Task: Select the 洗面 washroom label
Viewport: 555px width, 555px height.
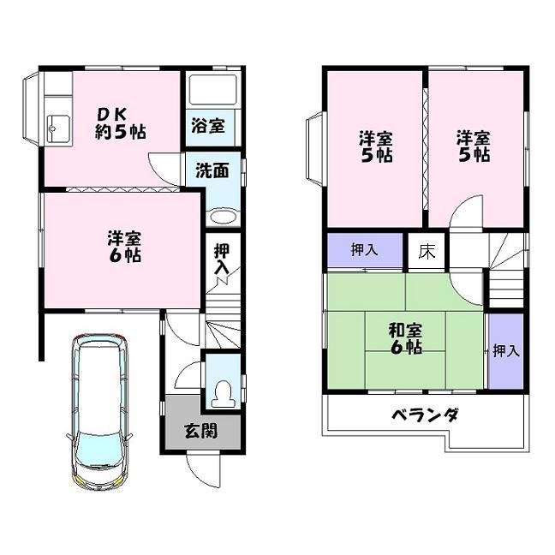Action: (212, 170)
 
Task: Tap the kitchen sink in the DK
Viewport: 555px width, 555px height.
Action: (57, 129)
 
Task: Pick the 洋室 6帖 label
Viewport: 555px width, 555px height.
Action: (124, 246)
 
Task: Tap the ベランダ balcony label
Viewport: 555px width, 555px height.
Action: (426, 416)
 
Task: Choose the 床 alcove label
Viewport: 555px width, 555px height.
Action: (426, 251)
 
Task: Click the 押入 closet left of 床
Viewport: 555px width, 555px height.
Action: (364, 250)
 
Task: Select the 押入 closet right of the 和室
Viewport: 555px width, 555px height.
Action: (504, 350)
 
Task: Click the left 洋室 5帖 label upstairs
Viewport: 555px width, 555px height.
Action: (375, 146)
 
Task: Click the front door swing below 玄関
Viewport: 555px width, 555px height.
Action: (204, 466)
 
